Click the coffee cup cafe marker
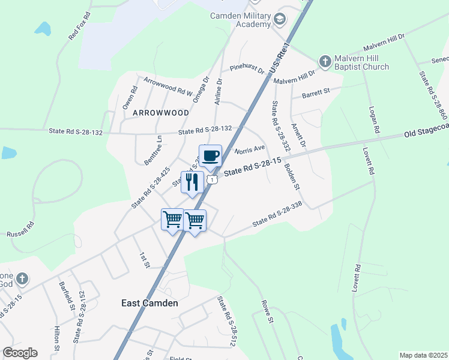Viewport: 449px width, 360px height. coord(210,157)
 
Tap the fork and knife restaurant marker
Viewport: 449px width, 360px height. coord(192,182)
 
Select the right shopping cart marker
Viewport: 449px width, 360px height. coord(195,220)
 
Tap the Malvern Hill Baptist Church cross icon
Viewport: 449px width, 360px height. coord(325,61)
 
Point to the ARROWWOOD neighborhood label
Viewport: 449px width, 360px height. coord(161,113)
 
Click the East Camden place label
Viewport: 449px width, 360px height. coord(149,303)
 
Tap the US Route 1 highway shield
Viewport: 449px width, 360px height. coord(212,179)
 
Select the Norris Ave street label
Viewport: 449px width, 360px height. coord(250,149)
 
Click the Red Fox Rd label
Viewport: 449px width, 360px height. coord(79,26)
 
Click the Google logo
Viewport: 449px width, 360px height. coord(20,353)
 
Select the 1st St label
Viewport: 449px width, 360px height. coord(143,260)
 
